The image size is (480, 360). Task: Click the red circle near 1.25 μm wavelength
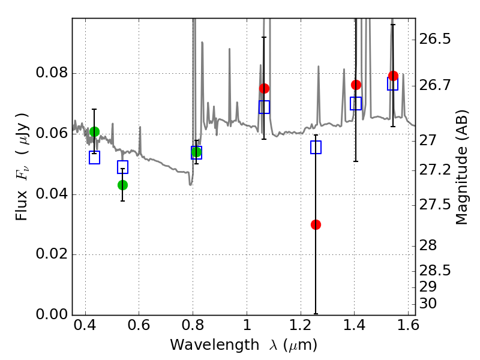[x=316, y=224]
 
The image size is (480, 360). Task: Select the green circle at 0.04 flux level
[x=122, y=185]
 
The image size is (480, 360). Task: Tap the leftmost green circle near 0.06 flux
[x=94, y=131]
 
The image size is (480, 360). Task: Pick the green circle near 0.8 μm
[x=197, y=152]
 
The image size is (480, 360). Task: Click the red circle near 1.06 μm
[x=264, y=88]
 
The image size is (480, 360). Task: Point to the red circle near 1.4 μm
[x=356, y=85]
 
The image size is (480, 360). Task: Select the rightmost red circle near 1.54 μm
[x=393, y=76]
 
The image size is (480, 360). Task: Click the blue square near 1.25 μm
[x=316, y=147]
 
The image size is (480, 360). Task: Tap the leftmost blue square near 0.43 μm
[x=94, y=157]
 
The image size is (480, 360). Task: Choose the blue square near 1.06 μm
[x=264, y=107]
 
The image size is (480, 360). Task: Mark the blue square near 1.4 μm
[x=356, y=103]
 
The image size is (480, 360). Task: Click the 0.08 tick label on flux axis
[x=52, y=73]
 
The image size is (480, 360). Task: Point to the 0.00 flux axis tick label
[x=52, y=314]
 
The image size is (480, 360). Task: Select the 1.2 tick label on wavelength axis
[x=301, y=325]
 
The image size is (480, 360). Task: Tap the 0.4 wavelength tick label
[x=85, y=325]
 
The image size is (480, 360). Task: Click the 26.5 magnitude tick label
[x=434, y=39]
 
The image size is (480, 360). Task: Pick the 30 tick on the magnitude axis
[x=428, y=304]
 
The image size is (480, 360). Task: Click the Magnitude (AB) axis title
[x=461, y=167]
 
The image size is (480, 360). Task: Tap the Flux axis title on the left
[x=22, y=167]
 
